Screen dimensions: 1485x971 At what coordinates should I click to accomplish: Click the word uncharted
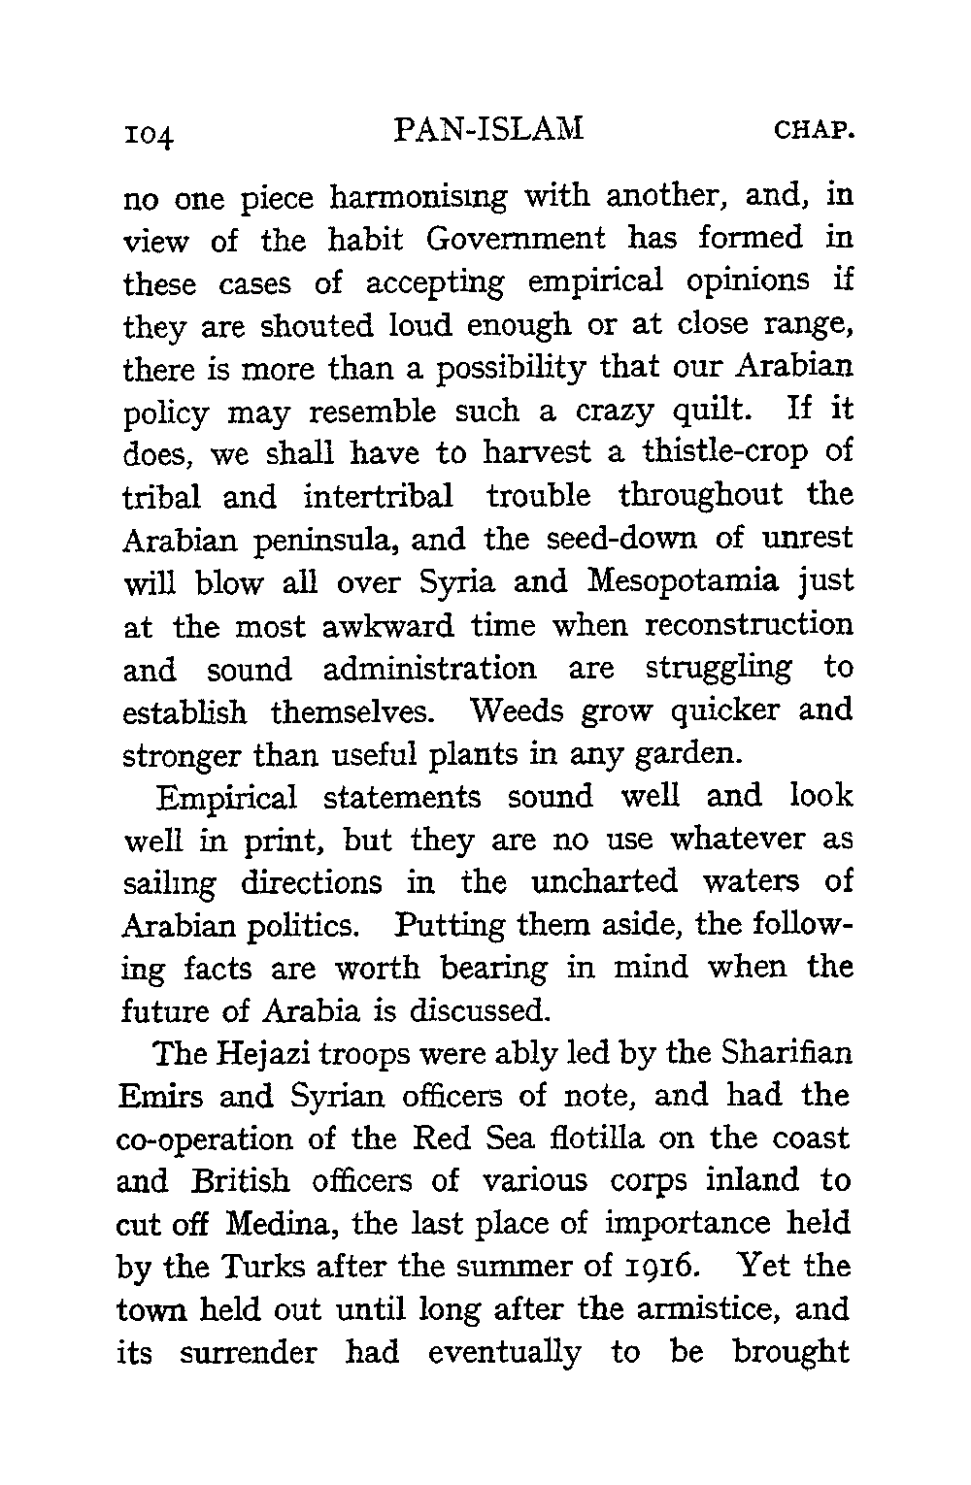tap(605, 882)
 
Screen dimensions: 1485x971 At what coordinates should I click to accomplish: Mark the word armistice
tap(702, 1309)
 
